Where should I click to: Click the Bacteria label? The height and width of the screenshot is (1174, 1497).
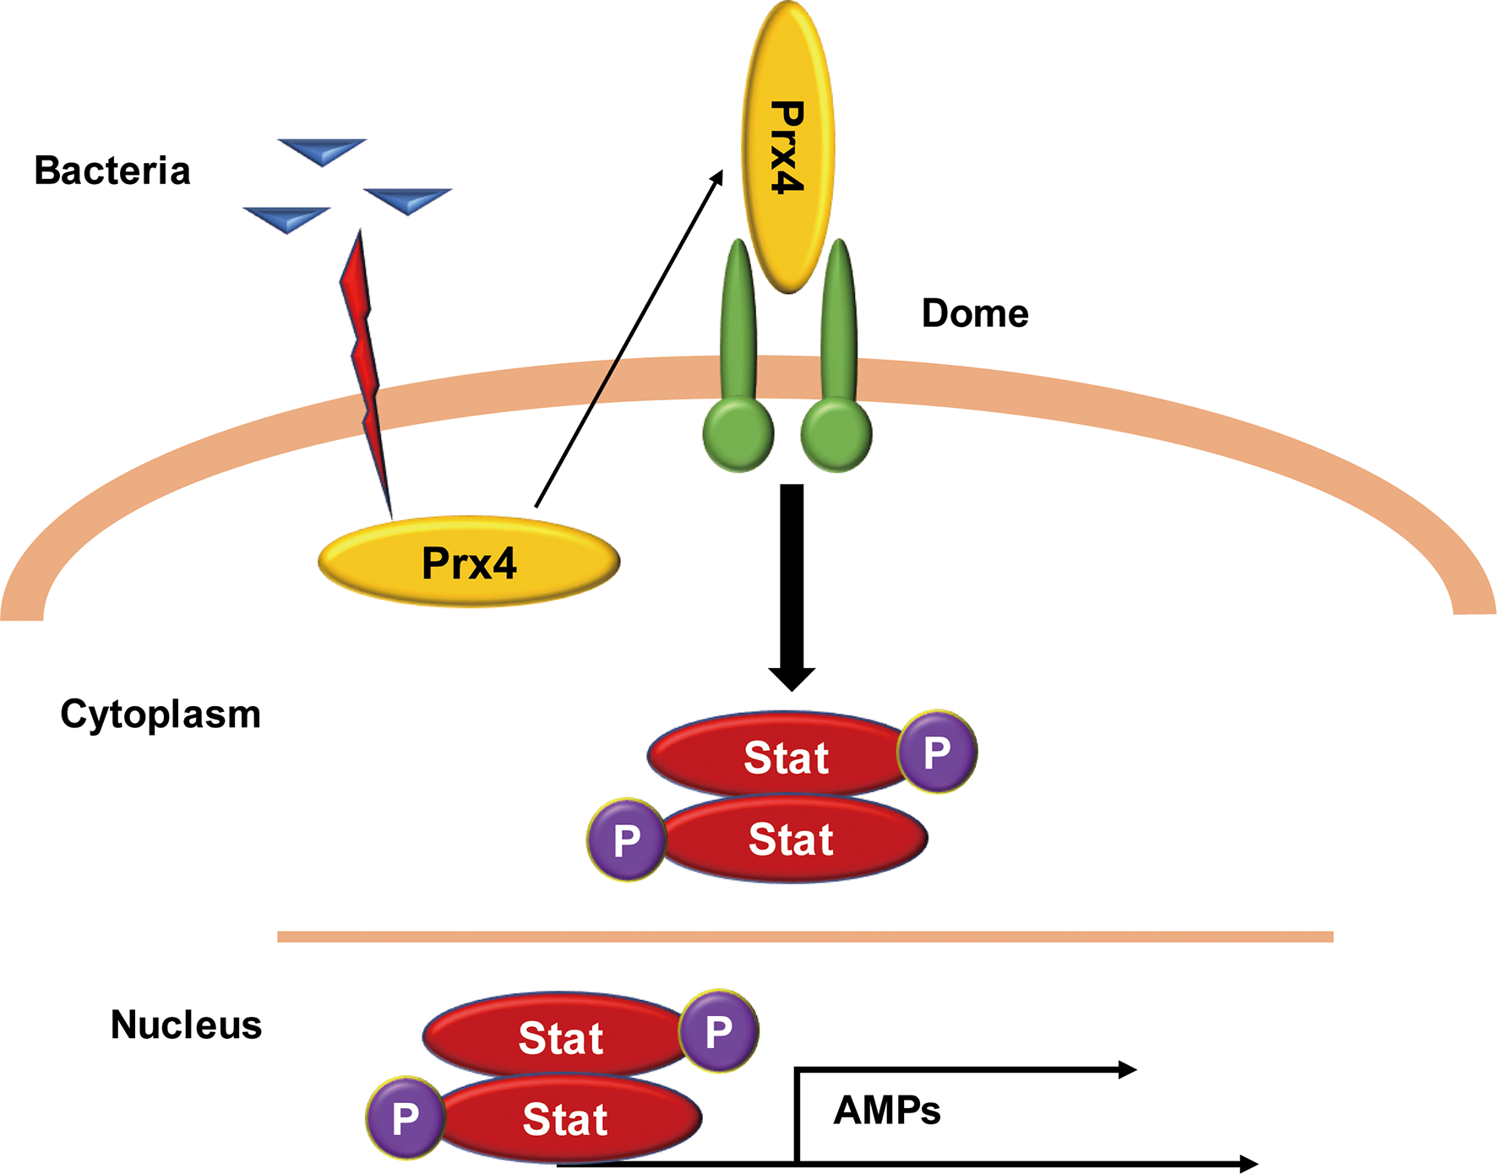pos(112,171)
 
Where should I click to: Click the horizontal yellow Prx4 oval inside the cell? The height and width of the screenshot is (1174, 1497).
pos(469,562)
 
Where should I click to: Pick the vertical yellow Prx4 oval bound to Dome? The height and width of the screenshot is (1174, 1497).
pos(787,148)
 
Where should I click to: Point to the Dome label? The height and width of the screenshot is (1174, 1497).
pos(975,313)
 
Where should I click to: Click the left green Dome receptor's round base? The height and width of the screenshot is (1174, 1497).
pos(738,435)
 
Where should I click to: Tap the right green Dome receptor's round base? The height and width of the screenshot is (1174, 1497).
pos(836,435)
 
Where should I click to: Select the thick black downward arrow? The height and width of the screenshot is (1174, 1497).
pos(792,583)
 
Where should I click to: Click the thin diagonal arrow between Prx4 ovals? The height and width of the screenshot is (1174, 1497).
pos(629,338)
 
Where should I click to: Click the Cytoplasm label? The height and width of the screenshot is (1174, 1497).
pos(161,715)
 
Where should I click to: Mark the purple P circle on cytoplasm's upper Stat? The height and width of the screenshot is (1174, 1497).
pos(937,752)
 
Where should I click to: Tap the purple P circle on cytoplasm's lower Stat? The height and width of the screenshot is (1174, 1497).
pos(626,840)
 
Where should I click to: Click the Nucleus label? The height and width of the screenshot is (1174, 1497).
pos(186,1025)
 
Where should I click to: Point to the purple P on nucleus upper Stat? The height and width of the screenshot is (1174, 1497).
pos(719,1031)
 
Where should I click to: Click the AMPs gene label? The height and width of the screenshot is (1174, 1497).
pos(887,1111)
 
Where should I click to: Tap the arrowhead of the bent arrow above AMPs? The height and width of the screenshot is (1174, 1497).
pos(1127,1070)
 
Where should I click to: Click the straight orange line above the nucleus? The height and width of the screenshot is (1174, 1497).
pos(805,937)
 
